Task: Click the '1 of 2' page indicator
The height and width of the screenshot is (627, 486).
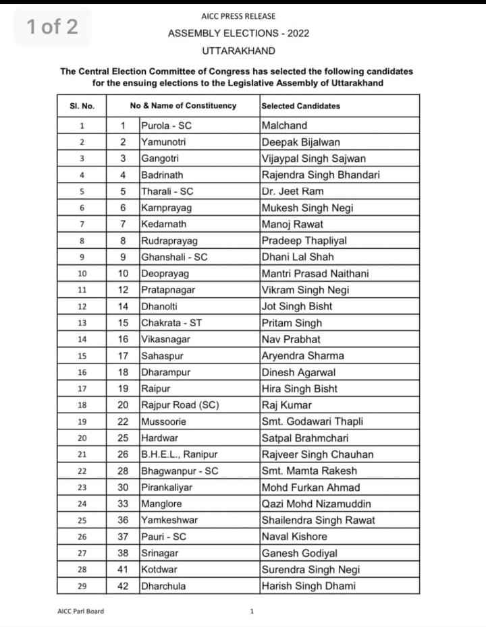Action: [x=52, y=27]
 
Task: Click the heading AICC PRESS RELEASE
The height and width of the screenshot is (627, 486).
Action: [x=238, y=16]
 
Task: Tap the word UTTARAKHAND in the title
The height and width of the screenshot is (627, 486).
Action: [x=238, y=51]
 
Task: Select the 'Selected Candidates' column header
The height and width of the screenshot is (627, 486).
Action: [x=300, y=106]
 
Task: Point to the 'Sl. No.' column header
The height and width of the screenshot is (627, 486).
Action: [x=82, y=106]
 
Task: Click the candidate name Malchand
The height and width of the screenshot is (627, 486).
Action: [x=284, y=125]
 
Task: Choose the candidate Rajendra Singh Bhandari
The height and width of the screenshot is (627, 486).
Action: [x=321, y=175]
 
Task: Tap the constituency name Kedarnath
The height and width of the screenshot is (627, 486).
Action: [x=163, y=224]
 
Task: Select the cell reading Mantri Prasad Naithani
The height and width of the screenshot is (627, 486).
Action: [x=315, y=274]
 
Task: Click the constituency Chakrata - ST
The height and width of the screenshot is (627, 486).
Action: [x=171, y=323]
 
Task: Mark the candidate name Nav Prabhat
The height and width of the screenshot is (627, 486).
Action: [x=291, y=339]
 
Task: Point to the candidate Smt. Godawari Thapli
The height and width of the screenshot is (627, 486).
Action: [x=313, y=421]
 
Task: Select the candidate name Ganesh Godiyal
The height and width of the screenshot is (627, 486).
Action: [x=299, y=553]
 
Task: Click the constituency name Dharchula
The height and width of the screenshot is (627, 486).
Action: [x=163, y=586]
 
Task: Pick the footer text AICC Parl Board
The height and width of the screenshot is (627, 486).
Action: [x=81, y=611]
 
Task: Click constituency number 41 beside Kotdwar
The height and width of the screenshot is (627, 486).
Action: [x=123, y=570]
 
